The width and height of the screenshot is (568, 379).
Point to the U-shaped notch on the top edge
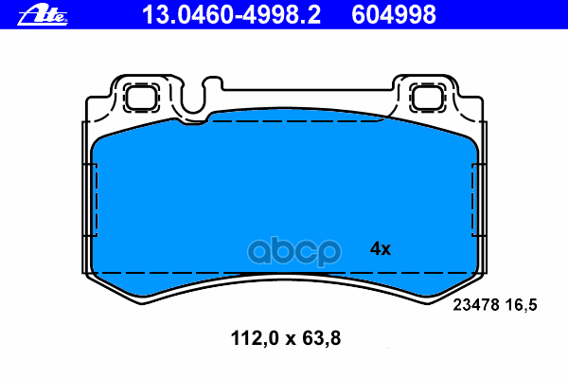coord(196,99)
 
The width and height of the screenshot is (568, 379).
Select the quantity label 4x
coord(380,249)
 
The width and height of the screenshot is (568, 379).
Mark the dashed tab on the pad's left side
coord(92,200)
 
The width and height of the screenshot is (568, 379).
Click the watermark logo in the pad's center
coord(284,252)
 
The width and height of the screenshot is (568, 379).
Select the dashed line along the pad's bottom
coord(284,273)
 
